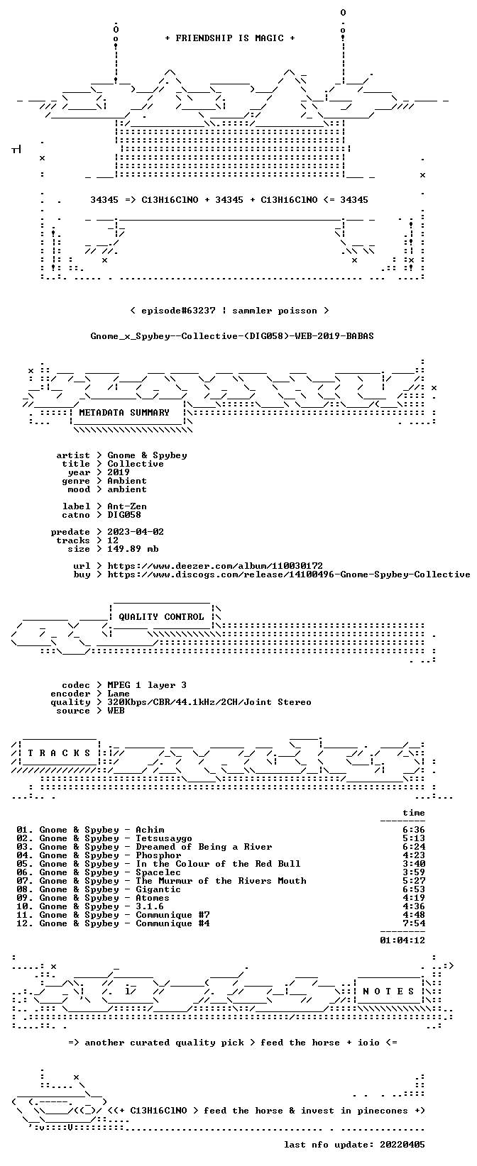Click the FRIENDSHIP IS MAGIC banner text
(x=230, y=38)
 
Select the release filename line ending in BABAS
(x=232, y=336)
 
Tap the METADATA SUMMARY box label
(x=124, y=413)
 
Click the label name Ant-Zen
(x=127, y=506)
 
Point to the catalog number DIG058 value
(x=124, y=515)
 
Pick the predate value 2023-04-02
(x=136, y=532)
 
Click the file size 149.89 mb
(x=133, y=549)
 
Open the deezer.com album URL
(x=215, y=566)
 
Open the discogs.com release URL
(x=288, y=574)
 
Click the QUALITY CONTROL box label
(x=161, y=617)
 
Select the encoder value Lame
(x=119, y=694)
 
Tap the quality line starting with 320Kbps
(x=209, y=702)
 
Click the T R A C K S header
(x=59, y=753)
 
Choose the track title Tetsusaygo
(x=164, y=838)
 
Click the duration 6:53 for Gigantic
(x=413, y=889)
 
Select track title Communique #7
(x=173, y=915)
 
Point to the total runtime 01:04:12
(x=402, y=940)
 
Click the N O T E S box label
(x=388, y=992)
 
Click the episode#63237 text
(x=178, y=311)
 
